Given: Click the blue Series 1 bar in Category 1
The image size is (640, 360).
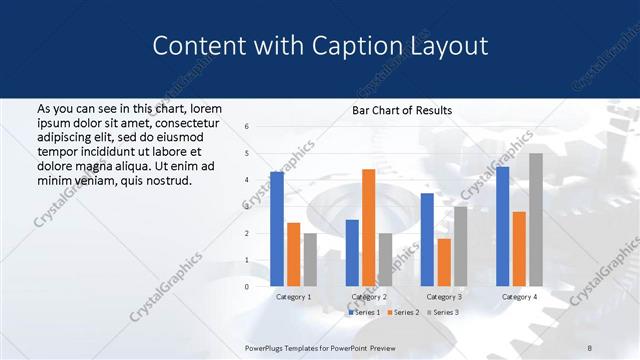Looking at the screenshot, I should pyautogui.click(x=277, y=229).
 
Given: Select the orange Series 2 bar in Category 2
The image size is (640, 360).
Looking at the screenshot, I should pyautogui.click(x=368, y=227).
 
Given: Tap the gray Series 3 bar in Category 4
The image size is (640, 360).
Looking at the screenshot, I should pyautogui.click(x=536, y=219).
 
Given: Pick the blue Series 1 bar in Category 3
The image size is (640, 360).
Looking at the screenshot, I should pyautogui.click(x=427, y=239).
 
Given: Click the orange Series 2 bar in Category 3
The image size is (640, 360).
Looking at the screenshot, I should pyautogui.click(x=444, y=262).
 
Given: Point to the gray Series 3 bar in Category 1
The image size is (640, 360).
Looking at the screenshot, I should pyautogui.click(x=310, y=259).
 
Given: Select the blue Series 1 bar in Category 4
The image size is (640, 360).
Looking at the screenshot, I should pyautogui.click(x=502, y=226).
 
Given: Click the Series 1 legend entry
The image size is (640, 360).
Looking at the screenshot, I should pyautogui.click(x=364, y=313).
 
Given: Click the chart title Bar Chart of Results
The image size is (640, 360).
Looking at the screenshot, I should pyautogui.click(x=402, y=110).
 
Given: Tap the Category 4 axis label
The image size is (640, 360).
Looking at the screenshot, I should pyautogui.click(x=519, y=297).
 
